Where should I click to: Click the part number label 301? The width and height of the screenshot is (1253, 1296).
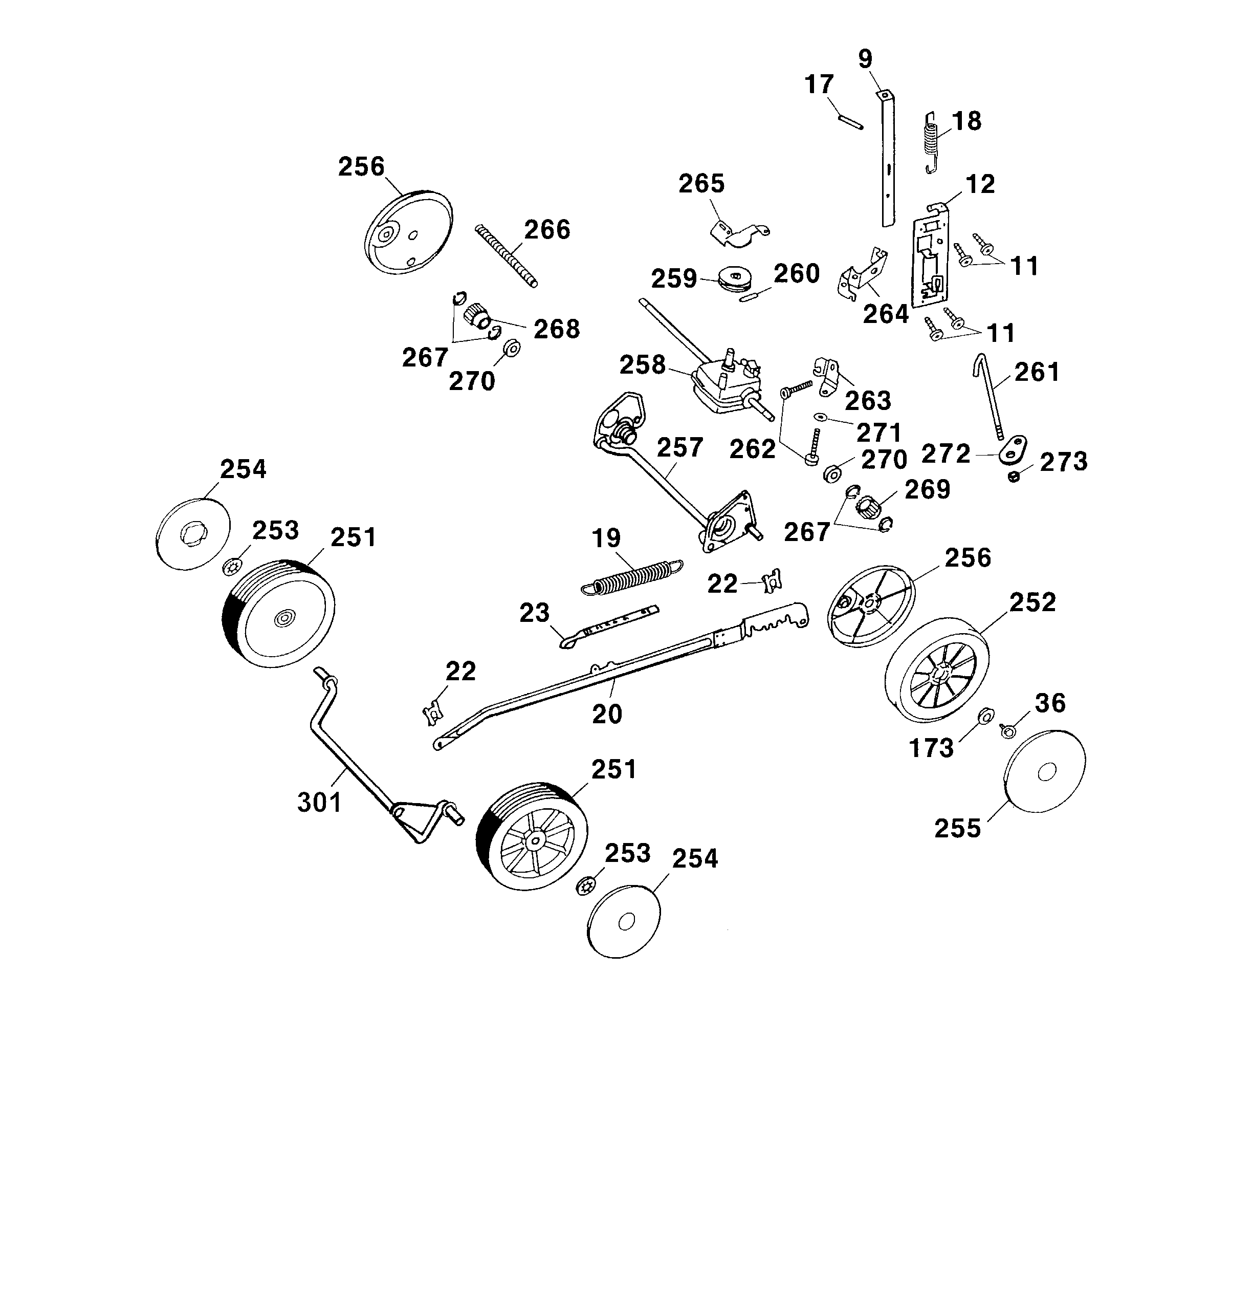(319, 802)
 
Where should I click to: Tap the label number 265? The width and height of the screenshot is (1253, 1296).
(701, 183)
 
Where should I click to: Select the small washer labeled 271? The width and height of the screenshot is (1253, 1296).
(821, 417)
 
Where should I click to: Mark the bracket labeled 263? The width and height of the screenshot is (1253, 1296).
(827, 376)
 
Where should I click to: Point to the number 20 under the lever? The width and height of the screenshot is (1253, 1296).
(607, 714)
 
